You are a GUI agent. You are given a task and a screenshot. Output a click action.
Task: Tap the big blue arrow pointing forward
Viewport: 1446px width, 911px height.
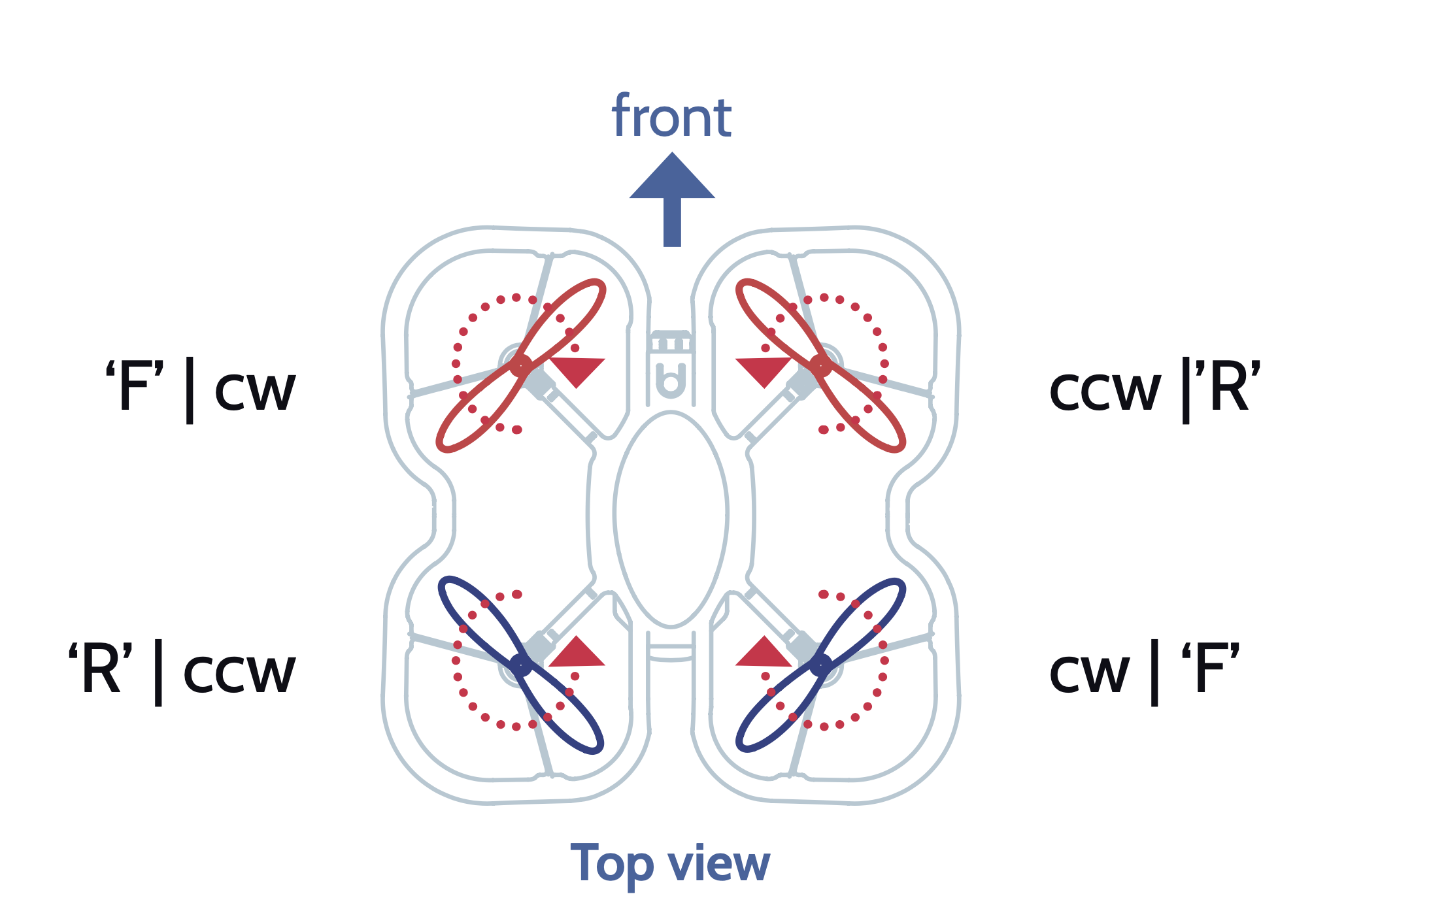pos(672,196)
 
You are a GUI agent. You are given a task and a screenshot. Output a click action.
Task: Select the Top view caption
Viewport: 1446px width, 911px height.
pos(670,864)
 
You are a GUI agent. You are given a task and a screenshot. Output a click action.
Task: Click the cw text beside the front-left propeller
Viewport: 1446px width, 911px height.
pos(255,391)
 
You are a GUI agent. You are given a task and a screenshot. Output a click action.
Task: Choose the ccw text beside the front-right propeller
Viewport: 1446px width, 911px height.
pos(1105,391)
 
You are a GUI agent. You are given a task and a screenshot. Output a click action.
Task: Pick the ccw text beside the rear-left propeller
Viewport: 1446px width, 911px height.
pos(239,673)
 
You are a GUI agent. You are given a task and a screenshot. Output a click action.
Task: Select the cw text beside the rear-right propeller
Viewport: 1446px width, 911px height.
pos(1089,673)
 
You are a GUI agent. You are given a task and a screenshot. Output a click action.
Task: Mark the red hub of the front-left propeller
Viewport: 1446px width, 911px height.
pos(521,365)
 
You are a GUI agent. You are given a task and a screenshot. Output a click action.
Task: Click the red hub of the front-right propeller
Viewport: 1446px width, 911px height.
pos(821,365)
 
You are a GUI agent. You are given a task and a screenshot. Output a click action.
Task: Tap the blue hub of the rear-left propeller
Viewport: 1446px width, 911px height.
pos(521,665)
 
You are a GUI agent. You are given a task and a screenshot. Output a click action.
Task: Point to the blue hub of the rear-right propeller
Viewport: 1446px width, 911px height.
pos(821,665)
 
